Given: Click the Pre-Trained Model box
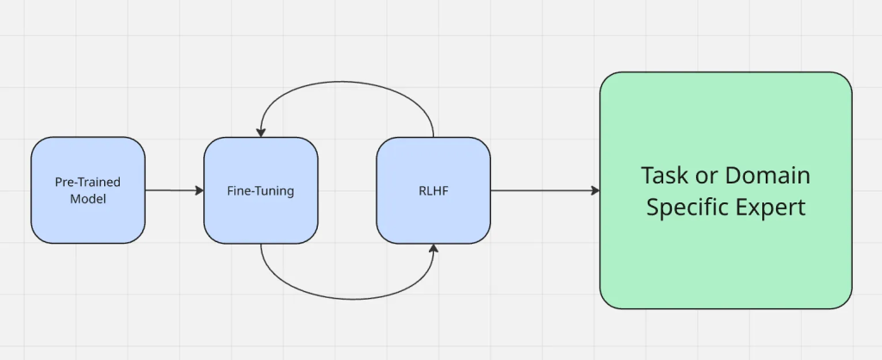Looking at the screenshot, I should pyautogui.click(x=88, y=190).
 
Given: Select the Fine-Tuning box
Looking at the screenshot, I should pyautogui.click(x=261, y=190).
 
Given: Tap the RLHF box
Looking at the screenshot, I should pyautogui.click(x=433, y=190).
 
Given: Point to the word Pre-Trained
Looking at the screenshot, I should pyautogui.click(x=88, y=183).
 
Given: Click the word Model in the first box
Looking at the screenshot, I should pyautogui.click(x=88, y=199).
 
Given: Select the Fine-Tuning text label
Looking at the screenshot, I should pyautogui.click(x=261, y=191).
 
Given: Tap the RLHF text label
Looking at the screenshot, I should pyautogui.click(x=433, y=191).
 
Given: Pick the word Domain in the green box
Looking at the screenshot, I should pyautogui.click(x=766, y=176).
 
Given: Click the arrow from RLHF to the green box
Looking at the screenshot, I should pyautogui.click(x=543, y=190).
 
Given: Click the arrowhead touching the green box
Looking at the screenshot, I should pyautogui.click(x=595, y=190).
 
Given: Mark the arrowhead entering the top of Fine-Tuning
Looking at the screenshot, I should pyautogui.click(x=261, y=132).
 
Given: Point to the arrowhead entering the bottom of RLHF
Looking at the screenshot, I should pyautogui.click(x=433, y=248).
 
